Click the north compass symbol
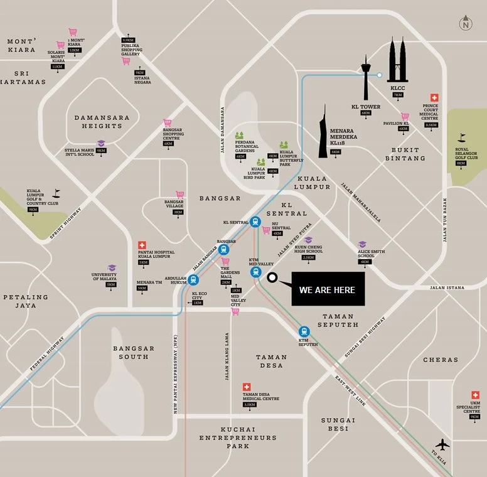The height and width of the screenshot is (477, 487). (465, 24)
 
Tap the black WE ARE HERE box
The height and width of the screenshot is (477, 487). (328, 289)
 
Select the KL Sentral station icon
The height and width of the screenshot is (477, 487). (255, 222)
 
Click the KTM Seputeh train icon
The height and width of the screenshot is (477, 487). (304, 332)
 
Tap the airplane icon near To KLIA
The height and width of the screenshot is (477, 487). (442, 445)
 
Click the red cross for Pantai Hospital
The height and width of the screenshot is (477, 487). (142, 245)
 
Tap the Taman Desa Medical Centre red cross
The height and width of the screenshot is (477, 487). (247, 387)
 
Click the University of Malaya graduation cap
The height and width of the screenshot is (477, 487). (111, 268)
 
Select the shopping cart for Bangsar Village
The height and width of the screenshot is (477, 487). (179, 195)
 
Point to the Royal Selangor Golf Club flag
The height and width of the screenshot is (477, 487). (463, 137)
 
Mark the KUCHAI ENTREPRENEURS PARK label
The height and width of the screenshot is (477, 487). (238, 437)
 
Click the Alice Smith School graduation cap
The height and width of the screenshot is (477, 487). (362, 244)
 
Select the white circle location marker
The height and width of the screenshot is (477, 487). (272, 277)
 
